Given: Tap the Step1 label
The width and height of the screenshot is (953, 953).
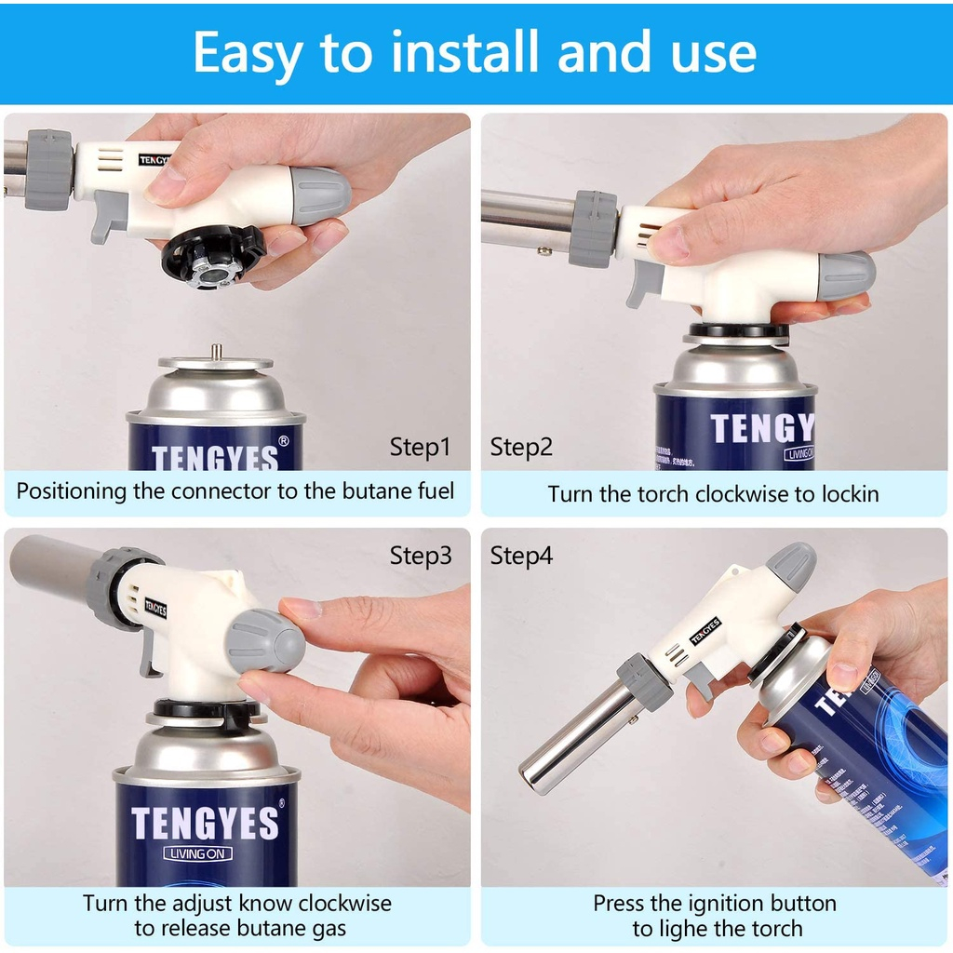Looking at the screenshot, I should [x=420, y=447].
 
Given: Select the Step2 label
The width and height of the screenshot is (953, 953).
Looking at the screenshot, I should [x=521, y=447].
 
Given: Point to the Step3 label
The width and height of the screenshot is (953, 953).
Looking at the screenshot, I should [x=421, y=556].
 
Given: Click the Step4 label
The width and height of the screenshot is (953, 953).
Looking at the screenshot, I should [x=521, y=556].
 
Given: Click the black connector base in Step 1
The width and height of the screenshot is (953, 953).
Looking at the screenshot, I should [x=213, y=257].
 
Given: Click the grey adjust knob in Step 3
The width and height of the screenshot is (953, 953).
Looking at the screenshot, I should [x=266, y=640].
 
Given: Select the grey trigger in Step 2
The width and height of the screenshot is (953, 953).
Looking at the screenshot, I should [x=644, y=283].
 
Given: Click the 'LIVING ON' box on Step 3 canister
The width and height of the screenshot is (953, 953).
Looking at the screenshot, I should [x=198, y=853].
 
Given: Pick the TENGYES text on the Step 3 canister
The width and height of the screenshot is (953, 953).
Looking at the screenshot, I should [x=205, y=824].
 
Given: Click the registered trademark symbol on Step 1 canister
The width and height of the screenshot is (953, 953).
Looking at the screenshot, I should [x=284, y=440].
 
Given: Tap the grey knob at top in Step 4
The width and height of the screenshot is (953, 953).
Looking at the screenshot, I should [x=790, y=566].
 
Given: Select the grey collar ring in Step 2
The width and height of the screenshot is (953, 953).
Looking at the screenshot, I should [x=593, y=228].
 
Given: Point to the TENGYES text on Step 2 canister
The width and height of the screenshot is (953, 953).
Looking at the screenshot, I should [x=761, y=429].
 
